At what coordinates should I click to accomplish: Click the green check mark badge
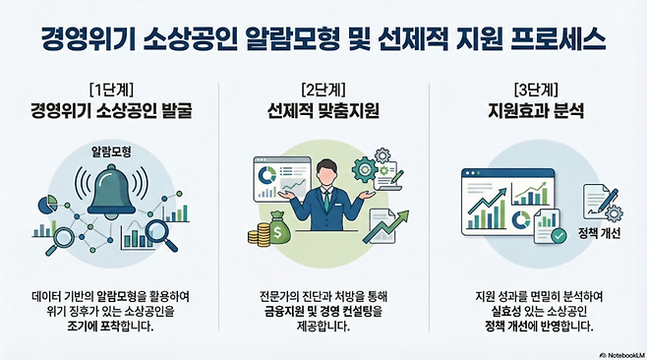pyautogui.click(x=558, y=235)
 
